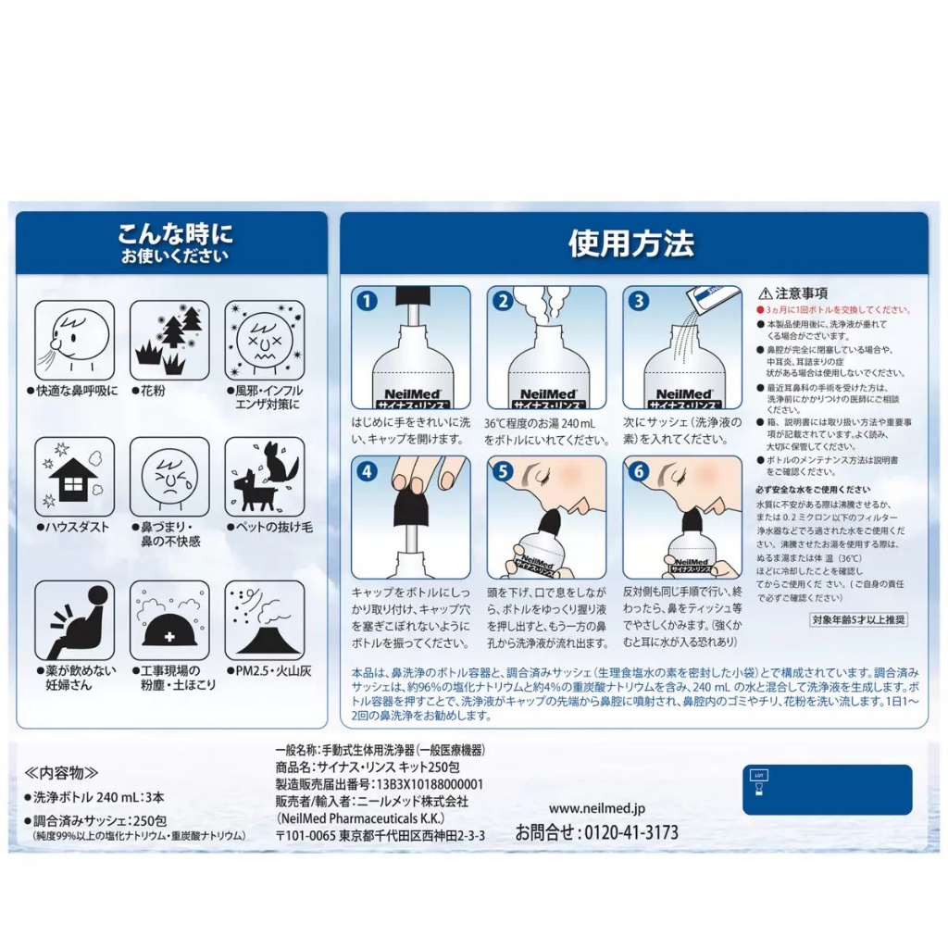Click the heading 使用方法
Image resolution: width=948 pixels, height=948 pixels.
tap(631, 243)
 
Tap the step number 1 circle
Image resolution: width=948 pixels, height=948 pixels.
tap(368, 301)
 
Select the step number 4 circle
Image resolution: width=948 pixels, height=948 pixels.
tap(368, 470)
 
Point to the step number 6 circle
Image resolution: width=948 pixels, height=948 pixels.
tap(637, 470)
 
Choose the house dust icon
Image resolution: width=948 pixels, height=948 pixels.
tap(74, 477)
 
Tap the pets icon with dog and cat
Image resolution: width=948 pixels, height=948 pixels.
tap(264, 477)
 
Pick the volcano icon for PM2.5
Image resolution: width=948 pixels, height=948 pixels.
tap(264, 619)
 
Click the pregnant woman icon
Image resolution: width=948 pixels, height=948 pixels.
tap(74, 619)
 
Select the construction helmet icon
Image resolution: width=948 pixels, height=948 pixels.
tap(169, 619)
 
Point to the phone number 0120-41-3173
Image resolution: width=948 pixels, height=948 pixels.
tap(596, 832)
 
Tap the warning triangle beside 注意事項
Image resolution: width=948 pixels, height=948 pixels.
tap(765, 293)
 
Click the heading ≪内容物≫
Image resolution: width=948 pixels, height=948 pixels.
tap(61, 771)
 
